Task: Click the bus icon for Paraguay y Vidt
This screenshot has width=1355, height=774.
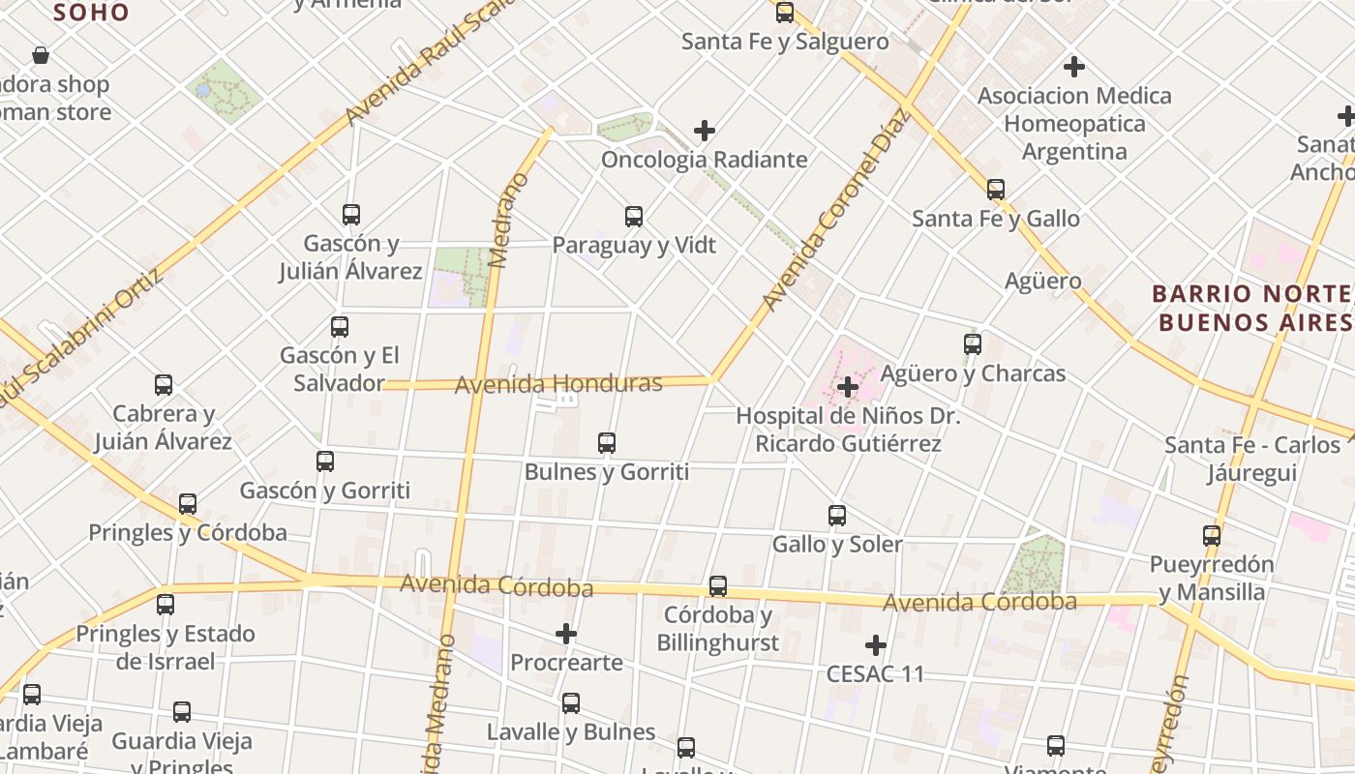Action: [x=634, y=217]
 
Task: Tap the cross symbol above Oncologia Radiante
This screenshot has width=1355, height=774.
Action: [x=705, y=131]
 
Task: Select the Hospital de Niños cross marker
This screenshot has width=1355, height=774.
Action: [x=848, y=388]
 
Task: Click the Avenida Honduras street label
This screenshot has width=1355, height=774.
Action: [x=558, y=384]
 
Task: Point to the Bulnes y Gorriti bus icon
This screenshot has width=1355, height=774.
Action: [x=607, y=443]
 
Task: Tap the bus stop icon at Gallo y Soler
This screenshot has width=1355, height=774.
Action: [x=837, y=516]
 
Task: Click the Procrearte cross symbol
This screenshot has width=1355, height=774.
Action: [x=566, y=635]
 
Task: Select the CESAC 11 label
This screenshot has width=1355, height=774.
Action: [x=875, y=674]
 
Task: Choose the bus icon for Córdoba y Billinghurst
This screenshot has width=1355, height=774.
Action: [x=718, y=586]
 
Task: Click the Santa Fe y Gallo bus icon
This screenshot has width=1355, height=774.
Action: [x=996, y=190]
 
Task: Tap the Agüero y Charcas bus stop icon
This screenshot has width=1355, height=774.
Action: [x=973, y=344]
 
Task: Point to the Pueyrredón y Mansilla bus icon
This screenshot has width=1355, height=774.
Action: [x=1212, y=535]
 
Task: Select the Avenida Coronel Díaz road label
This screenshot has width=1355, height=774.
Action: [x=837, y=210]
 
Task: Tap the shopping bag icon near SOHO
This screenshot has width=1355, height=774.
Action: [x=41, y=55]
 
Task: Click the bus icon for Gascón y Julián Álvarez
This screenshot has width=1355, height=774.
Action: [x=351, y=215]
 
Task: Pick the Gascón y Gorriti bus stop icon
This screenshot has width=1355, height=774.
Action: [x=325, y=461]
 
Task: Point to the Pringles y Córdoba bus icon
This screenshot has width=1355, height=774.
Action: [x=188, y=504]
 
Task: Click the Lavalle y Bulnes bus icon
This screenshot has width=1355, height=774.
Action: [x=571, y=703]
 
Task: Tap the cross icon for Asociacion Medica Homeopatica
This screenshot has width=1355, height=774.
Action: [x=1073, y=68]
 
